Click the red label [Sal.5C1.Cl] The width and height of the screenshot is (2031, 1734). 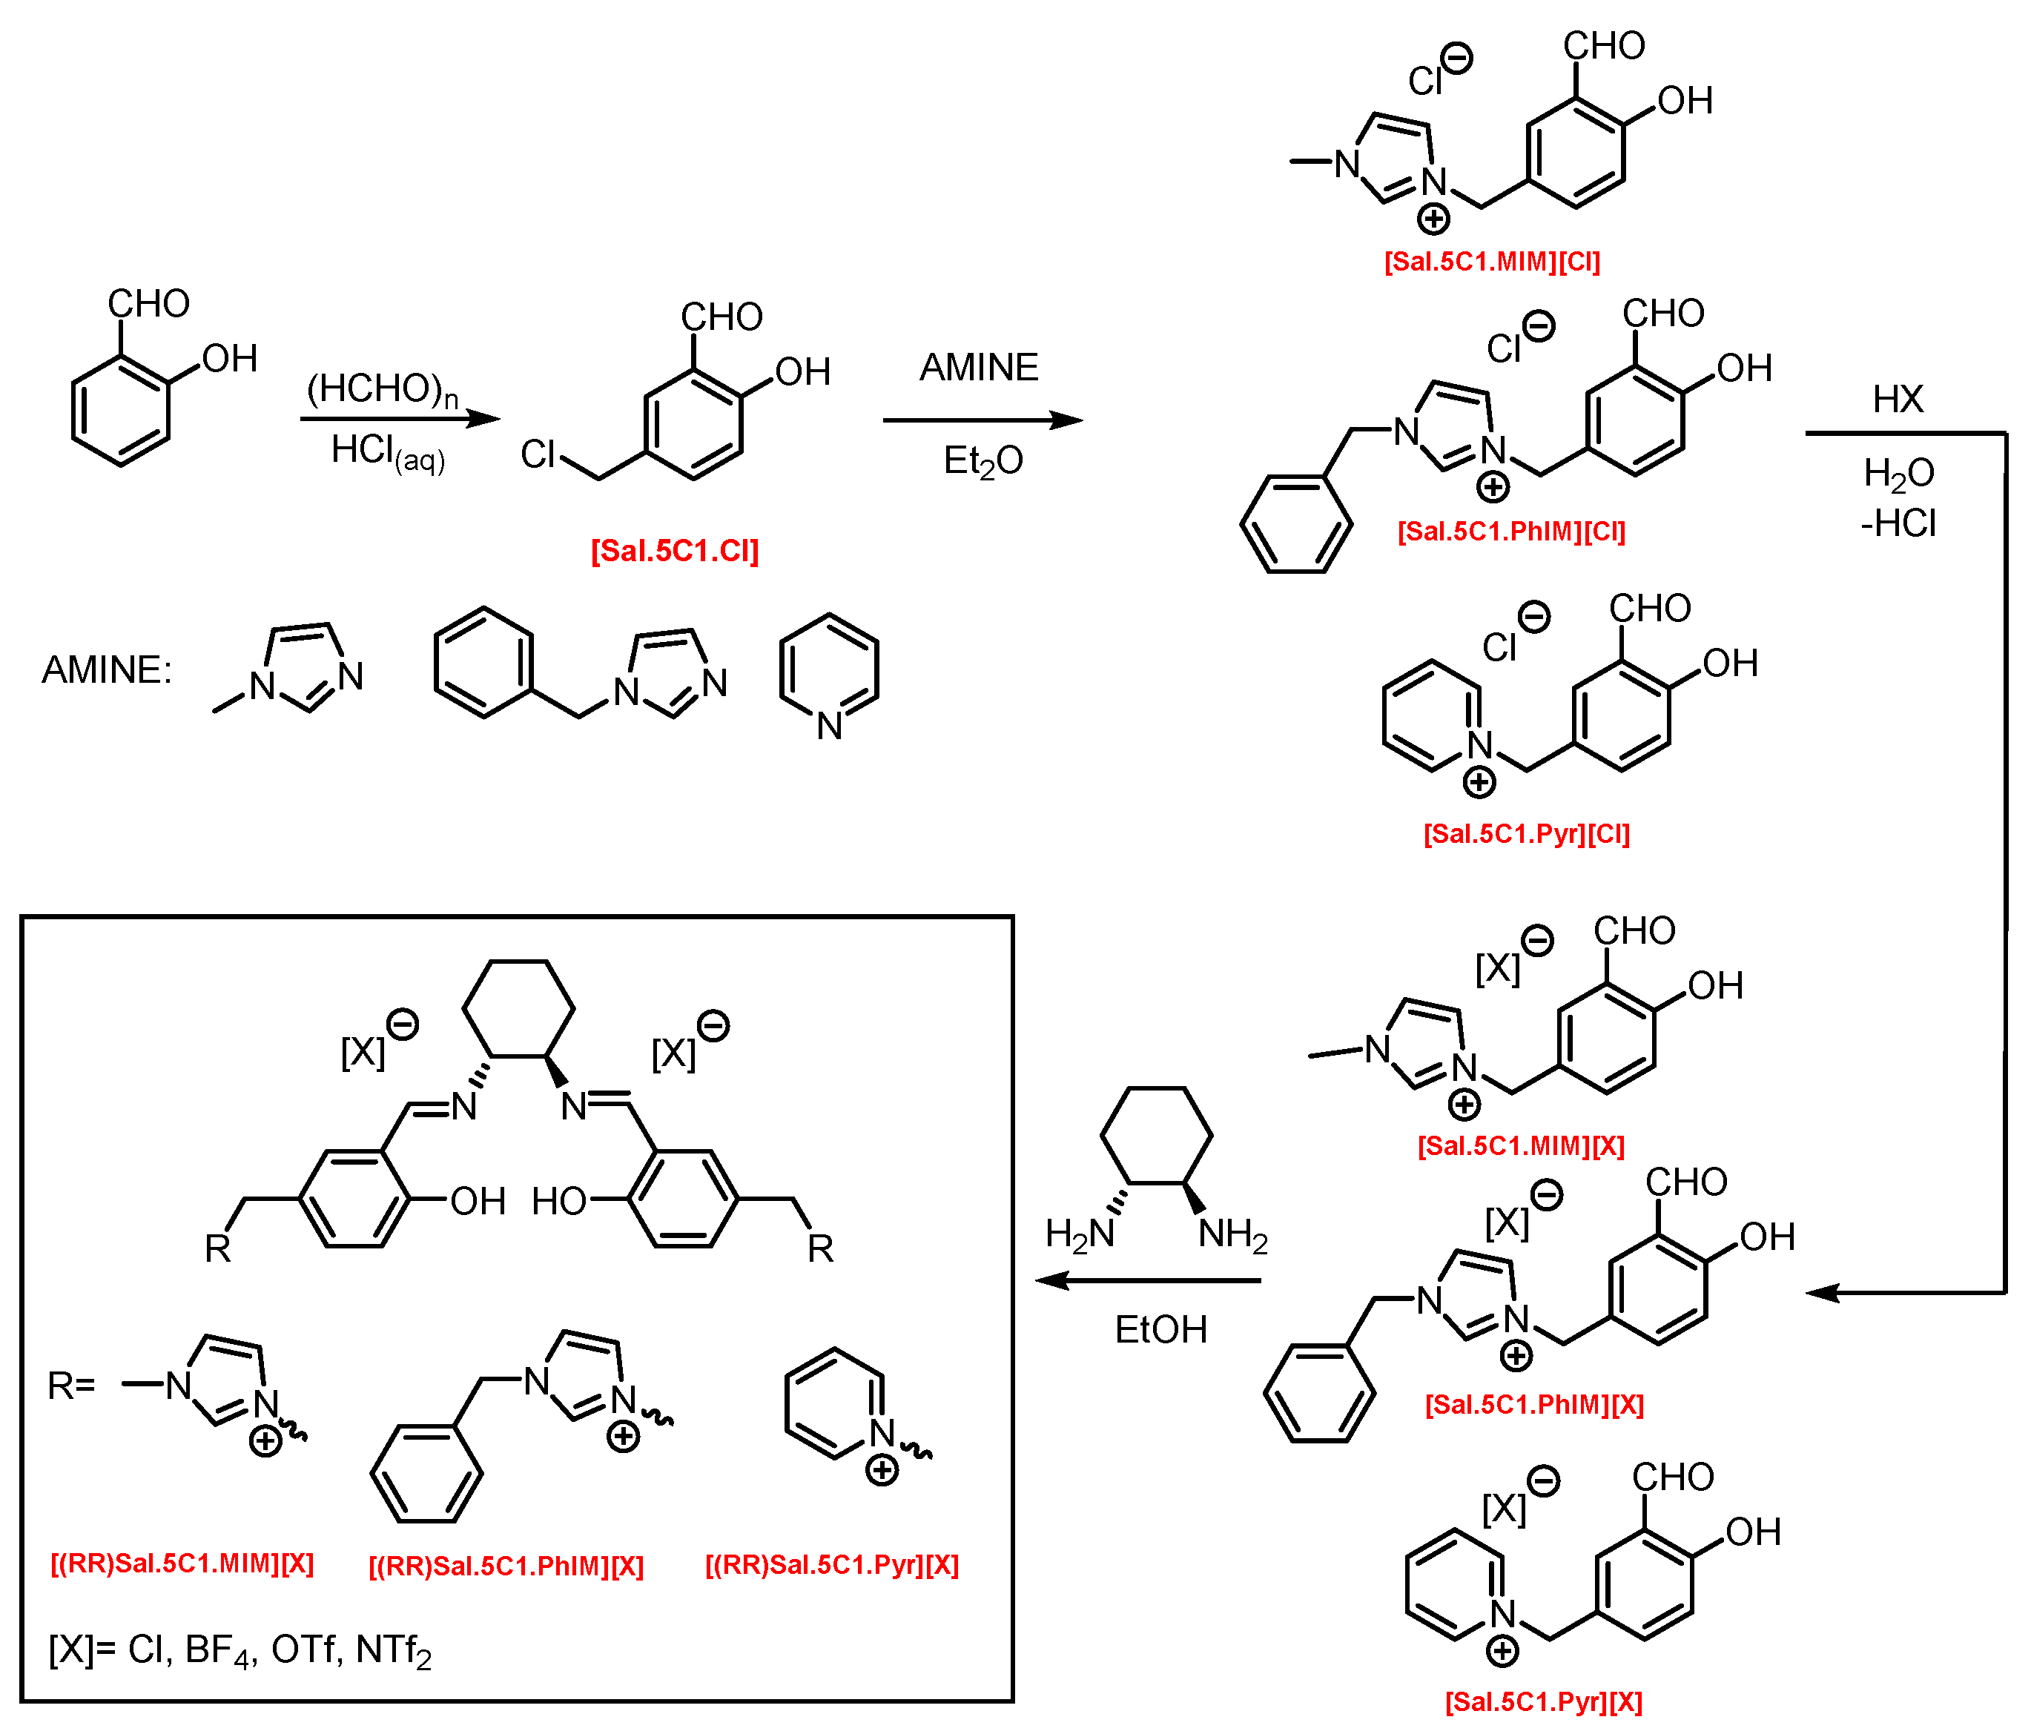[x=674, y=551]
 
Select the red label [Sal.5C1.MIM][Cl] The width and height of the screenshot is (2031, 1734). [x=1492, y=262]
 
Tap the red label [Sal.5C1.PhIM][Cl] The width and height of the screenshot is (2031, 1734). [x=1511, y=532]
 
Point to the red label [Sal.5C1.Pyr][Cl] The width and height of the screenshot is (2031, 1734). [x=1526, y=833]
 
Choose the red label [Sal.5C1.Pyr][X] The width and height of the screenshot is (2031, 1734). [x=1544, y=1701]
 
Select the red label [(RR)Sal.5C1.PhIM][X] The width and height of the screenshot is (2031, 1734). [x=506, y=1566]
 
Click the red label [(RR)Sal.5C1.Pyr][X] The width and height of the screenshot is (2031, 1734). [x=831, y=1564]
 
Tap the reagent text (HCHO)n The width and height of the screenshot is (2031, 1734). [x=383, y=389]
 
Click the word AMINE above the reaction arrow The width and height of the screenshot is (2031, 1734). [x=978, y=368]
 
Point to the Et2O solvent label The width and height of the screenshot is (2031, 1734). [x=983, y=460]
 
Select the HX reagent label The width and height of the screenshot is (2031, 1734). [x=1898, y=399]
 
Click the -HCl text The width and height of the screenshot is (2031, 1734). [x=1898, y=523]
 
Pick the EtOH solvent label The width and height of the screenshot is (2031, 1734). [x=1160, y=1330]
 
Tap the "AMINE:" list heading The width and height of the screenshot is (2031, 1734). [x=107, y=670]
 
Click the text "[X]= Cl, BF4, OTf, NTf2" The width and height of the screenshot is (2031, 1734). [x=240, y=1651]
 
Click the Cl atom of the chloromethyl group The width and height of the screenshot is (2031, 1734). [x=537, y=454]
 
